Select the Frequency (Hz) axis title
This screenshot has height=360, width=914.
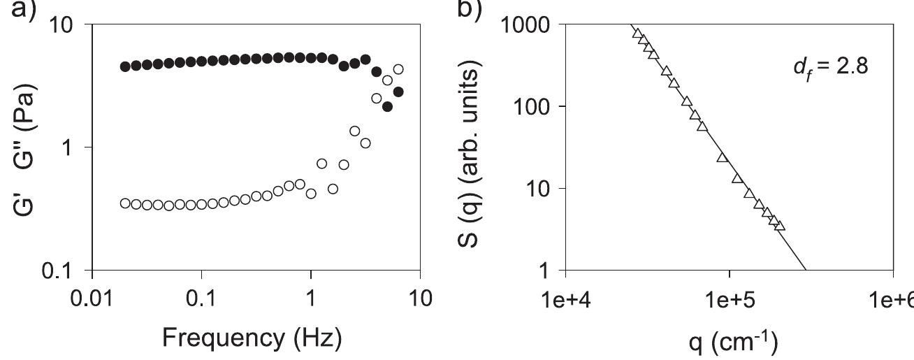(252, 338)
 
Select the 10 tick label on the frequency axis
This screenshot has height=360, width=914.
(419, 298)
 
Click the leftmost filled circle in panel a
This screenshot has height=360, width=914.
(125, 66)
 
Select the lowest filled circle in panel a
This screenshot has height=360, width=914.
(387, 107)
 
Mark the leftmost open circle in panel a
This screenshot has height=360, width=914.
(125, 203)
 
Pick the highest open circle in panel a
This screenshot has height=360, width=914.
(398, 69)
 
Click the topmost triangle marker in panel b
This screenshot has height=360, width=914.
(637, 33)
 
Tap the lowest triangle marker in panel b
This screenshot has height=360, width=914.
(780, 226)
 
